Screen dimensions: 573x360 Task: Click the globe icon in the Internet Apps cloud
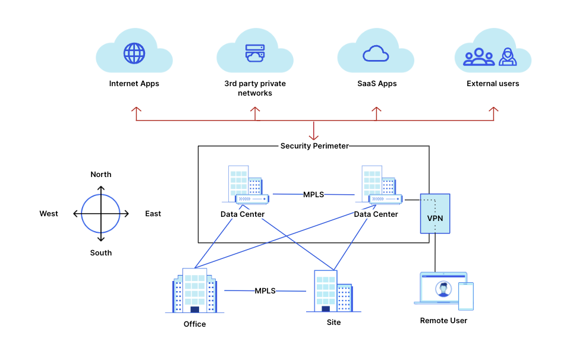point(134,53)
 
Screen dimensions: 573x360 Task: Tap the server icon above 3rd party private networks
point(255,53)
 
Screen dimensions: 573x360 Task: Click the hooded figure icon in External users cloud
point(508,56)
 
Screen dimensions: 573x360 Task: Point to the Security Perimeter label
point(314,146)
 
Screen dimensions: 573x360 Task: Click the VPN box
point(435,214)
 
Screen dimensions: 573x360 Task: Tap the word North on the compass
point(101,174)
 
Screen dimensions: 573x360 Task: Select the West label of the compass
point(49,214)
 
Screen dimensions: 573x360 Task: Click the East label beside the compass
point(153,214)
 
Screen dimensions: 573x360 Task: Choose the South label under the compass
point(101,252)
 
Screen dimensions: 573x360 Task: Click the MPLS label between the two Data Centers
point(313,195)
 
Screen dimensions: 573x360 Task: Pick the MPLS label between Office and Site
point(265,290)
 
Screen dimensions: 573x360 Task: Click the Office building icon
point(195,290)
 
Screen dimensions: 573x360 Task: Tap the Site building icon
point(333,291)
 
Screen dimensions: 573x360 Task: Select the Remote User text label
point(443,321)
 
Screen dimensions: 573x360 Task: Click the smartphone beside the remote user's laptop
point(466,296)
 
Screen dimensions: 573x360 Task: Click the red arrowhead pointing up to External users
point(494,109)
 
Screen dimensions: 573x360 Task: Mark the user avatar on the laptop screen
point(443,289)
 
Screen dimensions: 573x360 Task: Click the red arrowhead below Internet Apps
point(136,109)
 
